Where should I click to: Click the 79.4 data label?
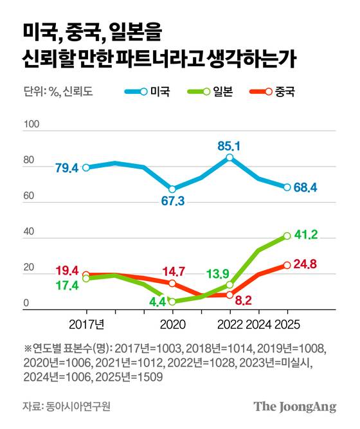tap(67, 169)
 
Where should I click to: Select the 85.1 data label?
tap(228, 146)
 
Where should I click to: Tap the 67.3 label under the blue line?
tap(172, 201)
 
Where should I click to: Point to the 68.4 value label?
tap(306, 188)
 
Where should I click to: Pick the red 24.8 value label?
tap(307, 264)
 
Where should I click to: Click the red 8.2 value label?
tap(242, 300)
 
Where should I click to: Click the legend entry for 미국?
tap(146, 91)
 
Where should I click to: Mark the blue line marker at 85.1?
tap(230, 158)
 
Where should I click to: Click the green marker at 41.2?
tap(287, 236)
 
